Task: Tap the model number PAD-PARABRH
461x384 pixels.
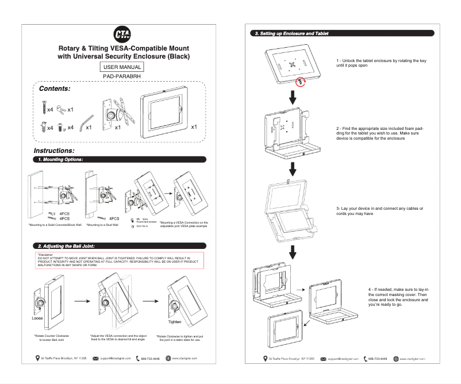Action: pyautogui.click(x=122, y=76)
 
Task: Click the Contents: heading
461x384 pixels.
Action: pyautogui.click(x=54, y=89)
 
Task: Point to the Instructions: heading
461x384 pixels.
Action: pyautogui.click(x=57, y=150)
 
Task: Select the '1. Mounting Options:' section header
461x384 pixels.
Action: pyautogui.click(x=60, y=159)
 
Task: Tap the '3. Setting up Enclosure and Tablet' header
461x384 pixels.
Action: pyautogui.click(x=291, y=34)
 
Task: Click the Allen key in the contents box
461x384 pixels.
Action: pyautogui.click(x=87, y=122)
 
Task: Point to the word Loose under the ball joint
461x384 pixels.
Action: pyautogui.click(x=37, y=317)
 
